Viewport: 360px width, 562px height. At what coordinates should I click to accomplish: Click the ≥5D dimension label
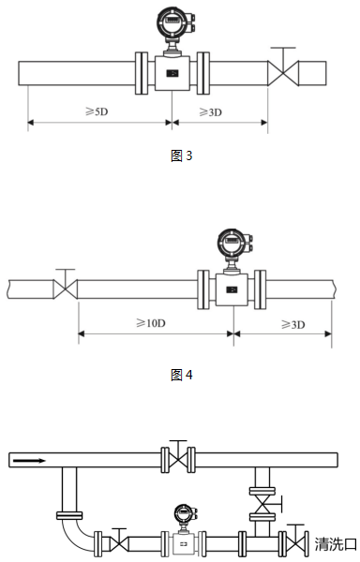click(x=97, y=111)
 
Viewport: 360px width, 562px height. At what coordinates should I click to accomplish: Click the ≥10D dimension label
click(x=151, y=323)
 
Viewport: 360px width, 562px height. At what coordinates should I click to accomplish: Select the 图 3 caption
click(x=182, y=155)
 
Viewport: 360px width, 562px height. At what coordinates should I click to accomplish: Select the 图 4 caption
click(x=182, y=375)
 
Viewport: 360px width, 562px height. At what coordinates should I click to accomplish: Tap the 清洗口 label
click(x=336, y=544)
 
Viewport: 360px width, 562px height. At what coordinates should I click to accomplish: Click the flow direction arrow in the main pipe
click(x=29, y=461)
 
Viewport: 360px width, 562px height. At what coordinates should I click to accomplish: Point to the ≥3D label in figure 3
click(x=211, y=112)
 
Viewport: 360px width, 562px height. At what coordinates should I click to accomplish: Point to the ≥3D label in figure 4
click(x=293, y=324)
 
